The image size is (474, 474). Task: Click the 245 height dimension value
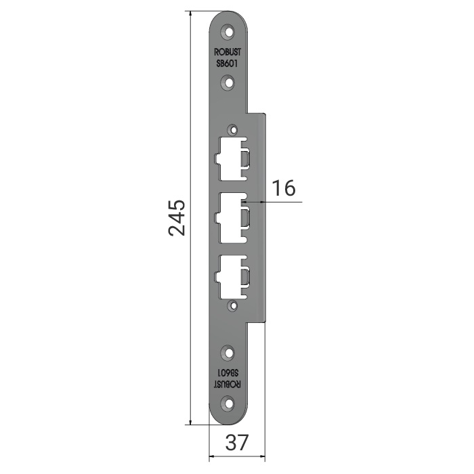click(177, 217)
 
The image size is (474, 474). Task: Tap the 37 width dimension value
click(237, 443)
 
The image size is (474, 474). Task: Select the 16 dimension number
click(284, 188)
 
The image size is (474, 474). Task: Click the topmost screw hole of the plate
click(229, 32)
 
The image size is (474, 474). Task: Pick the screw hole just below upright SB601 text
click(229, 83)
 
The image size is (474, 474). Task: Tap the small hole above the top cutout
click(233, 130)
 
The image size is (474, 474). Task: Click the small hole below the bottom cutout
click(233, 306)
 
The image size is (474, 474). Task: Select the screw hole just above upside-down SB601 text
click(229, 353)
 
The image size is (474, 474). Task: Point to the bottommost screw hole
click(229, 404)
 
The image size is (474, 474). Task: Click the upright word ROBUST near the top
click(228, 52)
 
